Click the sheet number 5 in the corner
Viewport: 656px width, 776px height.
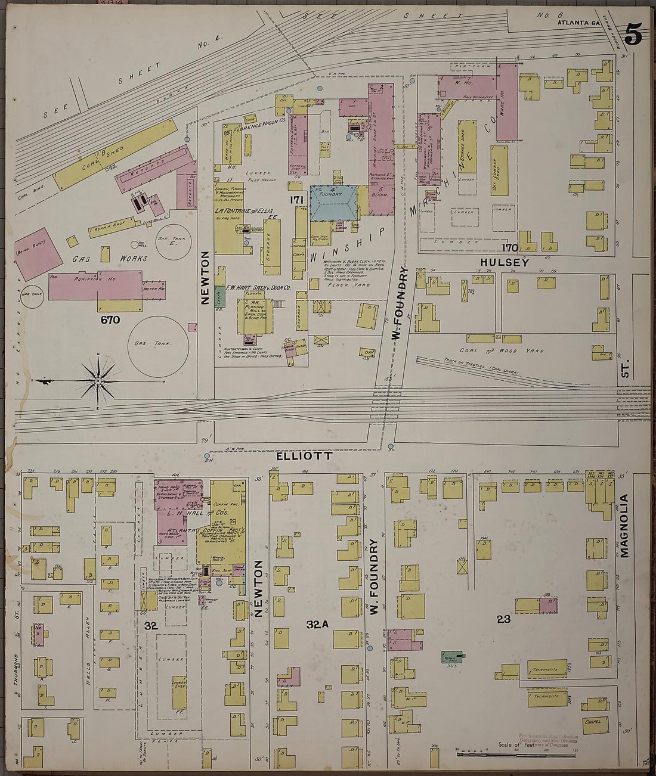(633, 36)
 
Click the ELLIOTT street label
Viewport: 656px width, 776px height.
(304, 455)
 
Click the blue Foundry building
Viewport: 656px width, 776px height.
(333, 203)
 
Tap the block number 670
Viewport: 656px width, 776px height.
(110, 320)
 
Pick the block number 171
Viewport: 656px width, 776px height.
(296, 200)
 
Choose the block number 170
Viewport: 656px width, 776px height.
(509, 247)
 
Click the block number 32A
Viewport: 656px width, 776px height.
(318, 624)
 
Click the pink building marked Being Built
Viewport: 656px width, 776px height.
(38, 252)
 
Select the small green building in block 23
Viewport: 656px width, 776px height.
(453, 657)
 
